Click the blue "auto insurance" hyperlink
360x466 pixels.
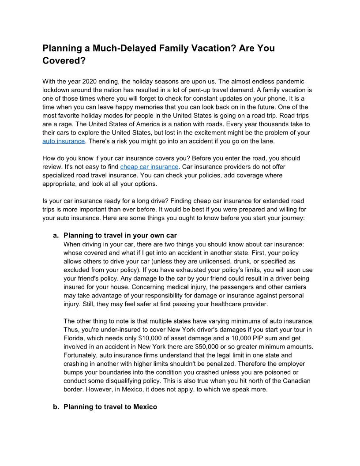(63, 141)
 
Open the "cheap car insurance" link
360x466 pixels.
(149, 166)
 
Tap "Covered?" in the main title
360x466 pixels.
(64, 61)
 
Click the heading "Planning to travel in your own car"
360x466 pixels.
(120, 236)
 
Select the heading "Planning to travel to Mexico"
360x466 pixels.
(110, 406)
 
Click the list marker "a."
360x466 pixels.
(56, 236)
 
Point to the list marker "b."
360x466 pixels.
(56, 406)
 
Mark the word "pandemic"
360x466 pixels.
(291, 82)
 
